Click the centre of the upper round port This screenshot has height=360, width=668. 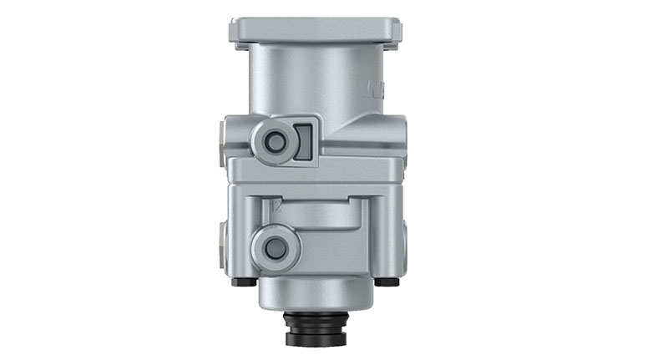pos(274,142)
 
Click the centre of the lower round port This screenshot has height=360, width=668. pos(274,247)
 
